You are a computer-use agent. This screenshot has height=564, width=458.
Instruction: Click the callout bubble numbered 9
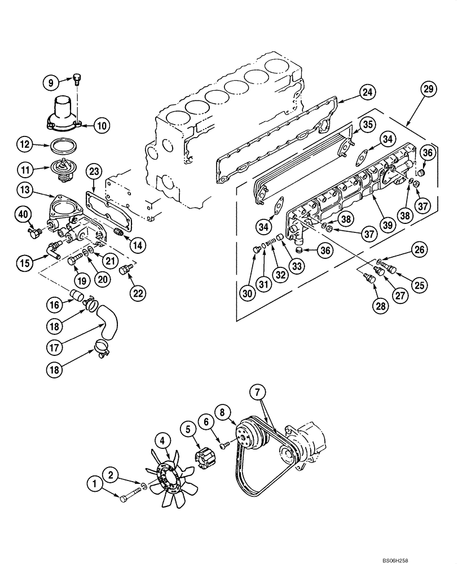(51, 82)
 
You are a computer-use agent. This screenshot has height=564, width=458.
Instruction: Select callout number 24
(367, 92)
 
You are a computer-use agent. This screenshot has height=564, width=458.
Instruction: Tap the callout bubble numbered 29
(429, 89)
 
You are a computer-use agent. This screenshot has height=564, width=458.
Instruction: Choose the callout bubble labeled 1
(95, 483)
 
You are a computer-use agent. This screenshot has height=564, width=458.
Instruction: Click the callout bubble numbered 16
(53, 305)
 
